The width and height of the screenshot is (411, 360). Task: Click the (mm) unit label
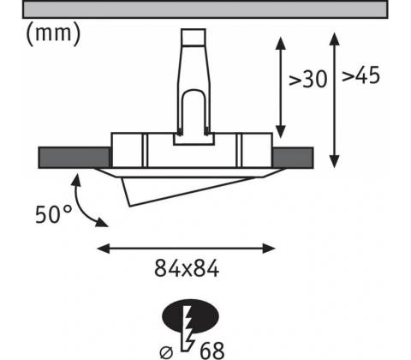[x=53, y=34]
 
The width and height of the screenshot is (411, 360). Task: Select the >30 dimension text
[x=307, y=79]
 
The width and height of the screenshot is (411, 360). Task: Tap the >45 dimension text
[x=361, y=75]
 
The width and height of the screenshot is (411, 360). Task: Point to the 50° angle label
[x=53, y=214]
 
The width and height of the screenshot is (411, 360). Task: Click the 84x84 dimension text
[x=187, y=268]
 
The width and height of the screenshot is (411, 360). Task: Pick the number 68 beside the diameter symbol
[x=211, y=351]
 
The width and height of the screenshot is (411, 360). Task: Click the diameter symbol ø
[x=166, y=352]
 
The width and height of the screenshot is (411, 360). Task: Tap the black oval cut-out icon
[x=190, y=316]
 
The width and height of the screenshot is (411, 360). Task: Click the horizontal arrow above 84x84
[x=186, y=249]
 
